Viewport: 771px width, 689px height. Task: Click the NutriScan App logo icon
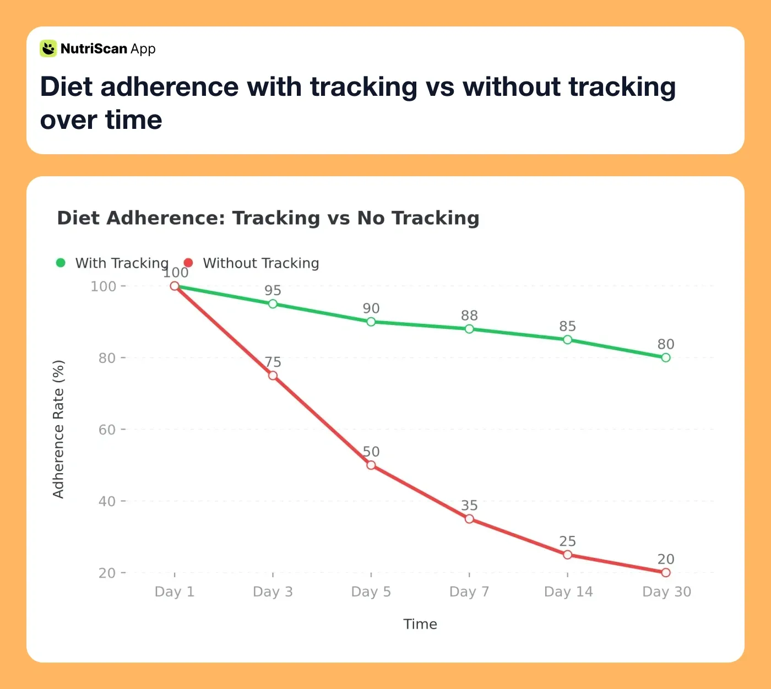pyautogui.click(x=48, y=48)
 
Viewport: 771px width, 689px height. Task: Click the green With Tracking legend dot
pyautogui.click(x=61, y=263)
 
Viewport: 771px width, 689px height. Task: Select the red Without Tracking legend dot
pyautogui.click(x=188, y=263)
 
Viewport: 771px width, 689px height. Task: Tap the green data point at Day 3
pyautogui.click(x=273, y=304)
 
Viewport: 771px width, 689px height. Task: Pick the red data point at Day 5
pyautogui.click(x=371, y=465)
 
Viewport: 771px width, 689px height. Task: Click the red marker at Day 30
pyautogui.click(x=666, y=573)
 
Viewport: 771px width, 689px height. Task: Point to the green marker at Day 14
pyautogui.click(x=568, y=340)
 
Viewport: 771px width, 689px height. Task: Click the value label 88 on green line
pyautogui.click(x=469, y=316)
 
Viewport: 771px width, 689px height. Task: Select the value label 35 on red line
pyautogui.click(x=469, y=506)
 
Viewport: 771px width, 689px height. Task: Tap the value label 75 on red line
pyautogui.click(x=273, y=362)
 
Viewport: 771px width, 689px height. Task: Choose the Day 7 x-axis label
pyautogui.click(x=469, y=592)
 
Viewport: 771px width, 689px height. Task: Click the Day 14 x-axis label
pyautogui.click(x=568, y=592)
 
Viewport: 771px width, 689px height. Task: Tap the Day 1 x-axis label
pyautogui.click(x=175, y=592)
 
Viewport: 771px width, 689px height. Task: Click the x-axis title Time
pyautogui.click(x=420, y=624)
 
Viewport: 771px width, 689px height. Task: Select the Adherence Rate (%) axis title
pyautogui.click(x=58, y=430)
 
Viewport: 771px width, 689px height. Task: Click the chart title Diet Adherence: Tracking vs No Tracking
pyautogui.click(x=268, y=218)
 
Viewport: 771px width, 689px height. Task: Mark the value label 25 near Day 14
pyautogui.click(x=568, y=541)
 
